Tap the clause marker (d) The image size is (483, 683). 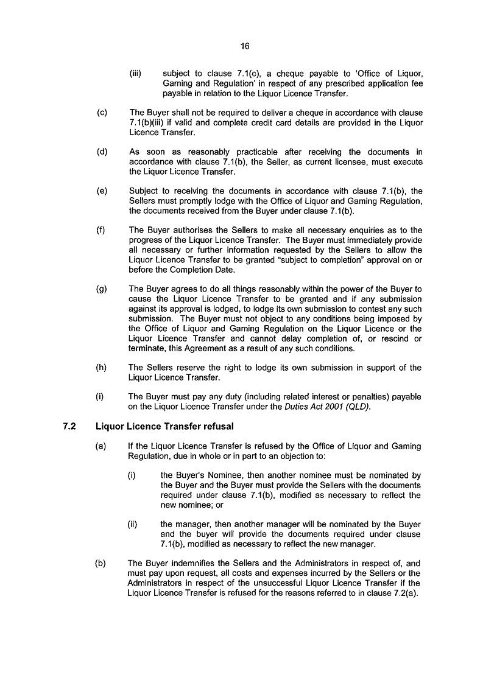(102, 152)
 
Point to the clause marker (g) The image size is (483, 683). (102, 289)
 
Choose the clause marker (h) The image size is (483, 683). (102, 368)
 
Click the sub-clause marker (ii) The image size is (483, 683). (132, 524)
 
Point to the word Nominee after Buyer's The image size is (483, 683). (211, 475)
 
